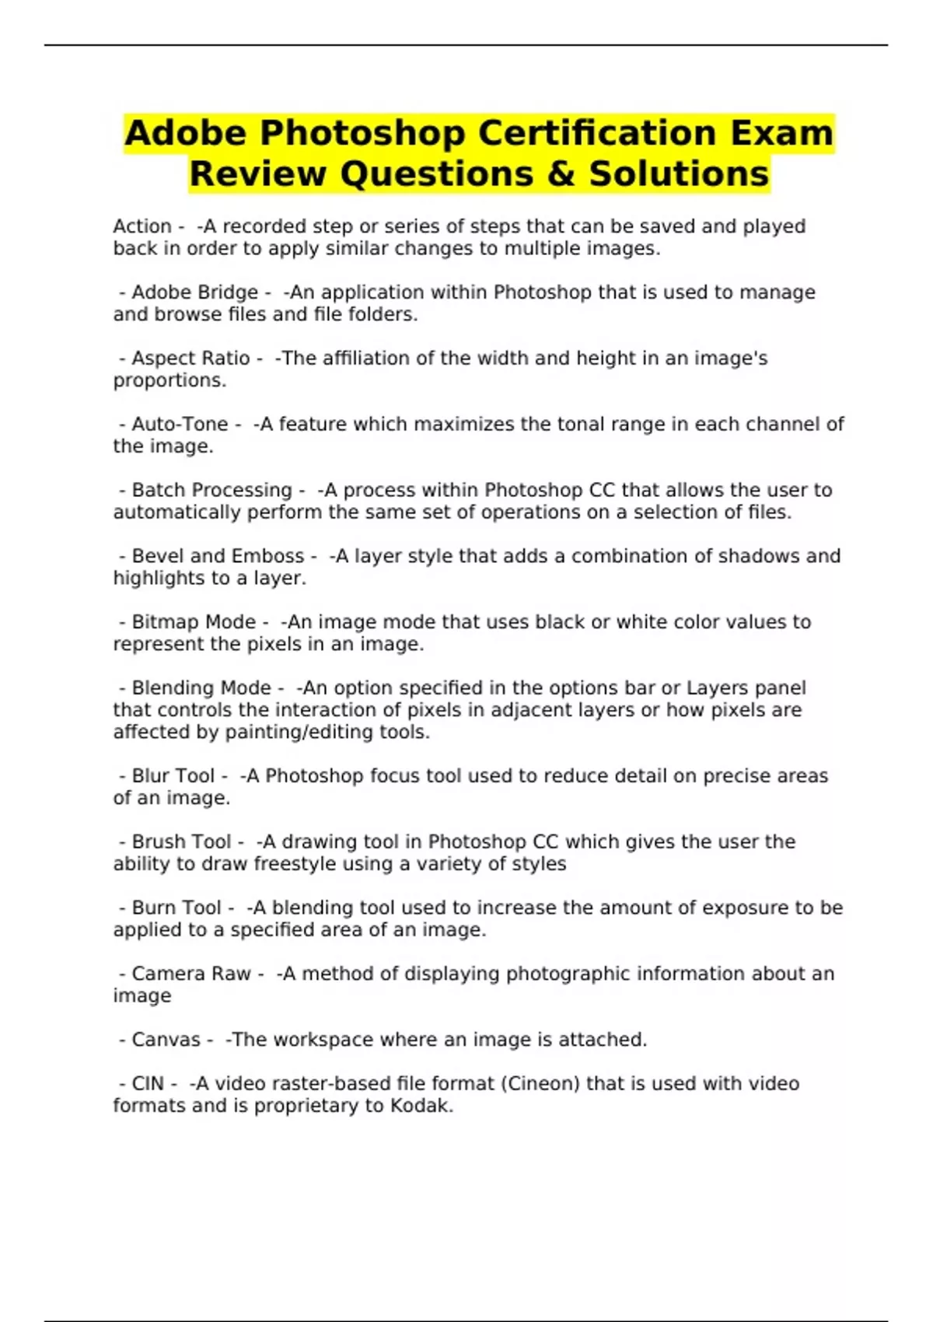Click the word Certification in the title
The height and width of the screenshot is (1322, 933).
(596, 133)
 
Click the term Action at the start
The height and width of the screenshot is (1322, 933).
(142, 226)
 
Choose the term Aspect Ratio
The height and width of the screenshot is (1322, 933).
(190, 358)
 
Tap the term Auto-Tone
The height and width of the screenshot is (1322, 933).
(180, 425)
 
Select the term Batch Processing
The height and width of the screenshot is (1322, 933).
(211, 491)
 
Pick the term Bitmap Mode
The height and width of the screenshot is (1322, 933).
(194, 622)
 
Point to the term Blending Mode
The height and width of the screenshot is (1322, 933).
(201, 688)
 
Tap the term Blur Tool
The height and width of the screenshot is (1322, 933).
(173, 776)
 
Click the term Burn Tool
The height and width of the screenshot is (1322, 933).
(176, 908)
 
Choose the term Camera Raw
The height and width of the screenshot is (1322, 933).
(191, 974)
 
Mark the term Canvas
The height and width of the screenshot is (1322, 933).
(166, 1040)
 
